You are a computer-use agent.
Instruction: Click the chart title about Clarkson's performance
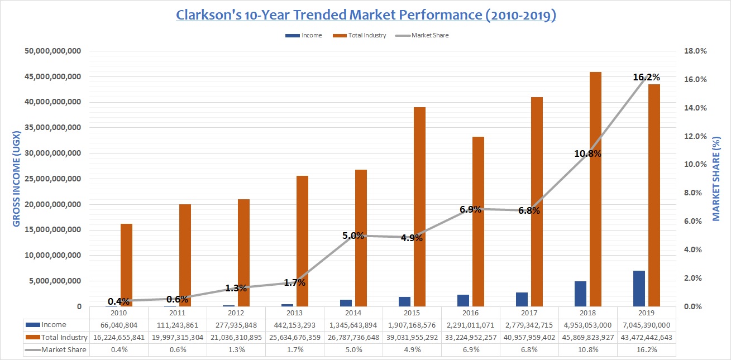click(x=366, y=15)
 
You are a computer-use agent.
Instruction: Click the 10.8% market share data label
click(x=587, y=153)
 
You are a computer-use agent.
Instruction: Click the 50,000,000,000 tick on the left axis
click(x=54, y=51)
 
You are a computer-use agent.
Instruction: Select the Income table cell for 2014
click(x=353, y=325)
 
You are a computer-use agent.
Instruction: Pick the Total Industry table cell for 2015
click(x=412, y=337)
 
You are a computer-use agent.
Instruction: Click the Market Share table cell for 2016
click(x=471, y=349)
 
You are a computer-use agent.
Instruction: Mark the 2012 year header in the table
click(x=236, y=313)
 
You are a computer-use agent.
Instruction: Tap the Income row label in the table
click(x=54, y=325)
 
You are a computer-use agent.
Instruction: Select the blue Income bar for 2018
click(x=580, y=294)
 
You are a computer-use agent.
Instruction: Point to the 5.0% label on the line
click(x=353, y=236)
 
